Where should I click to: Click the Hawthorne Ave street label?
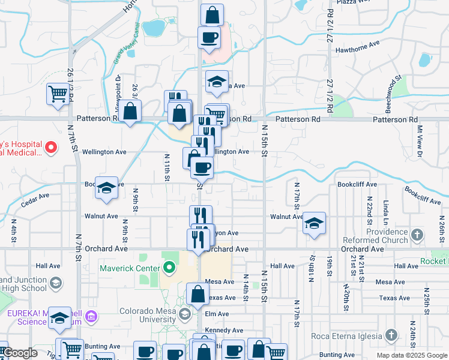click(358, 44)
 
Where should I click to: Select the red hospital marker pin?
click(52, 146)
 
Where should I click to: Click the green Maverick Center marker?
click(169, 267)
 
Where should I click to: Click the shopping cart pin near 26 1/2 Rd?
click(58, 94)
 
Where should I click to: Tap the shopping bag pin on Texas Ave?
click(197, 294)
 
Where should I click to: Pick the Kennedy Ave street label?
click(224, 330)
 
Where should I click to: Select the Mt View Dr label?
click(420, 141)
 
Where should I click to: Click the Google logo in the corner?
click(20, 353)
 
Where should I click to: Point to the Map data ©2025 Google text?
click(412, 355)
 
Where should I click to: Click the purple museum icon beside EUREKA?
click(91, 316)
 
